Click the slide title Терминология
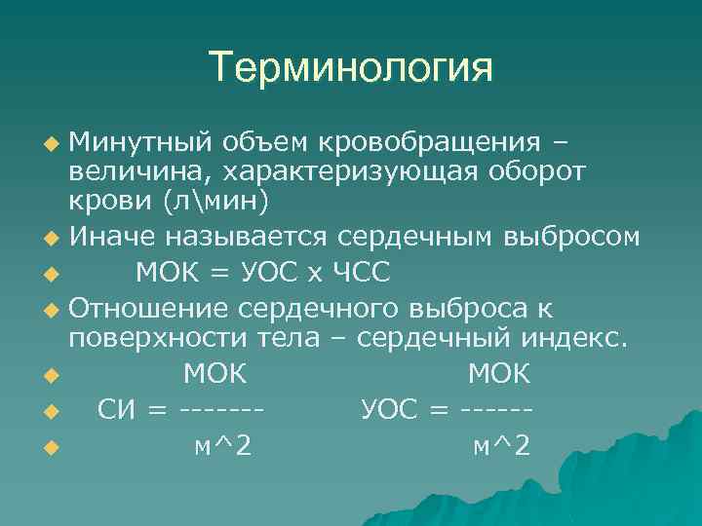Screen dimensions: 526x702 [351, 67]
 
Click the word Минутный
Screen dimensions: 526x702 [139, 143]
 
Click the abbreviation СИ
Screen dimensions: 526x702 [117, 410]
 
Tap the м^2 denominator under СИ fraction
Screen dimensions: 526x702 [222, 446]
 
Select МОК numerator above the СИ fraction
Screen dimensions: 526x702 [215, 374]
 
